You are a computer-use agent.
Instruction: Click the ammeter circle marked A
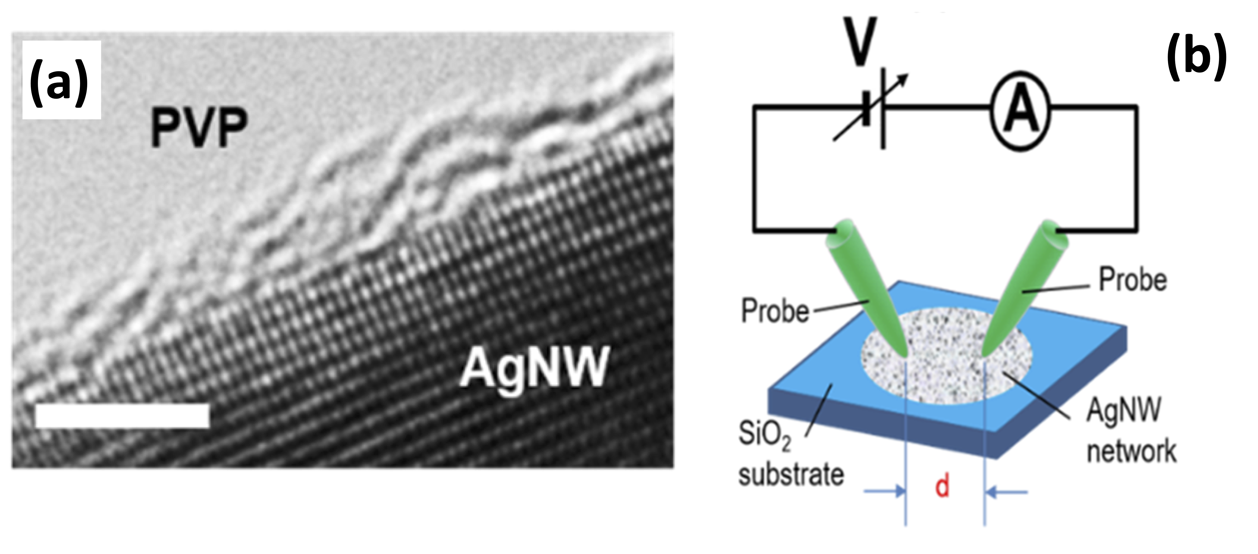[1020, 112]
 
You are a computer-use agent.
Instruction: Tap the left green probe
[867, 288]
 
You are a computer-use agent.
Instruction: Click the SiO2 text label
[764, 434]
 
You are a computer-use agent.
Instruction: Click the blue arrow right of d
[1006, 492]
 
